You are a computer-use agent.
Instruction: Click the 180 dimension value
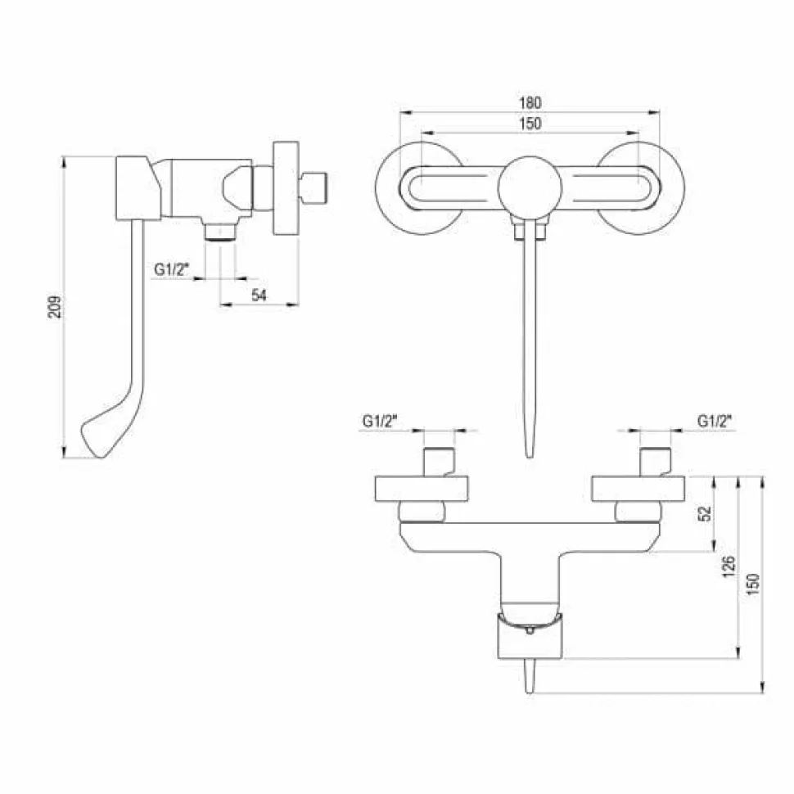[530, 103]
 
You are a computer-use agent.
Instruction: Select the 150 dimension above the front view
[530, 124]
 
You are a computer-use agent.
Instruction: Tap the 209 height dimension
[54, 307]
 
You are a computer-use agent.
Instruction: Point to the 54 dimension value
[259, 295]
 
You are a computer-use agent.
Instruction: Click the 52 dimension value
[705, 513]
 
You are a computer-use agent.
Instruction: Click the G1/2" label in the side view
[171, 269]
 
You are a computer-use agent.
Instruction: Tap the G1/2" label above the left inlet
[380, 421]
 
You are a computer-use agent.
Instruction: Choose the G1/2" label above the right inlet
[715, 421]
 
